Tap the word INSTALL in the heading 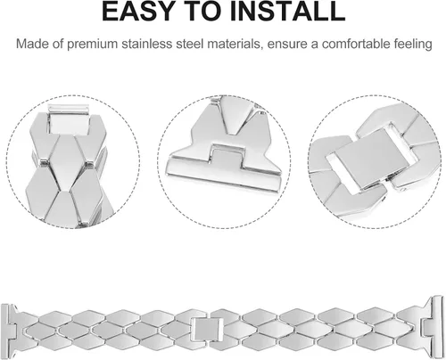coord(287,12)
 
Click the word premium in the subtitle coord(93,44)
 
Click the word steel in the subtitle coord(190,44)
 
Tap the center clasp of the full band coord(207,329)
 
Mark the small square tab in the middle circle coord(226,157)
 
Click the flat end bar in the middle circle coord(223,176)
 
